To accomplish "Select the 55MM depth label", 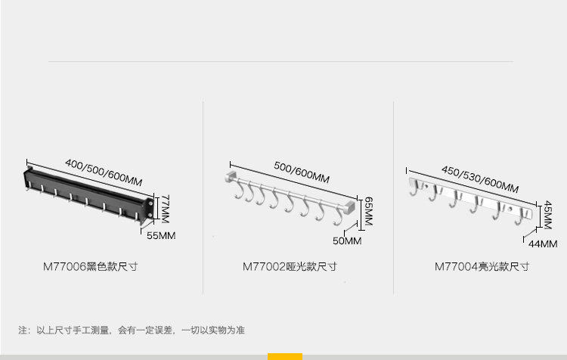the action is coord(160,236).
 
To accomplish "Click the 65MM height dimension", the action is coord(367,212).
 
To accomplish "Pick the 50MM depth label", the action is coord(348,241).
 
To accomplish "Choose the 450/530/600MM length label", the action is coord(480,179).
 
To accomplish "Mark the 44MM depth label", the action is coord(542,244).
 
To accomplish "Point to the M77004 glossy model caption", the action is coord(482,267).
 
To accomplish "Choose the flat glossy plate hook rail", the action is coord(472,200).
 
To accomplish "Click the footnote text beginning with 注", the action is coord(132,331).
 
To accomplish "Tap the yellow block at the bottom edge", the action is coord(284,356).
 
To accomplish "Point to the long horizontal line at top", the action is coord(280,61).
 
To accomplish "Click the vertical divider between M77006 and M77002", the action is coord(203,197).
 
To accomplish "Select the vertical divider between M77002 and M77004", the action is coord(393,197).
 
